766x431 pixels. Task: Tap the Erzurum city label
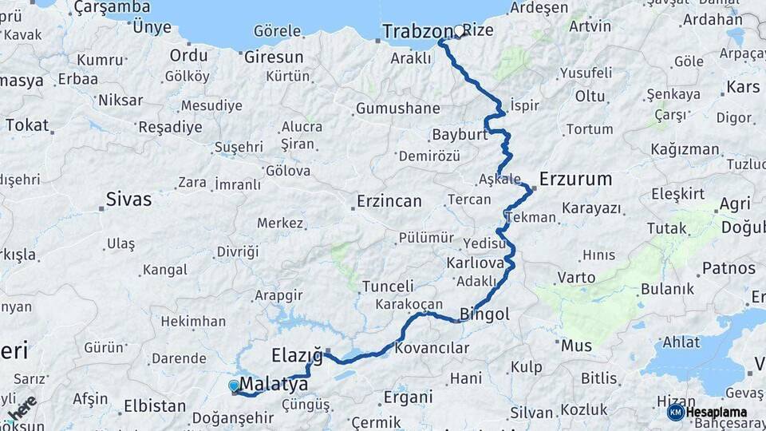point(575,179)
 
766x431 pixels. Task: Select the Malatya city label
point(274,385)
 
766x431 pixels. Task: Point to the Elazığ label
point(296,354)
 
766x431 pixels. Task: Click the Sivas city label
point(128,200)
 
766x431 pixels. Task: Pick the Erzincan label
point(389,201)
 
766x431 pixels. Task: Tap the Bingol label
point(484,314)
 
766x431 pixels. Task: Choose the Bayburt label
point(460,134)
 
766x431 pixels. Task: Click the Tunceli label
point(388,286)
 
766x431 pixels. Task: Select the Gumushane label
point(397,108)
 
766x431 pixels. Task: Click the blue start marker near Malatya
point(234,386)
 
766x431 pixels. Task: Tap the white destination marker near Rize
point(460,31)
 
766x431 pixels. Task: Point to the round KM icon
point(675,412)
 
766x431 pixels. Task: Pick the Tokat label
point(27,125)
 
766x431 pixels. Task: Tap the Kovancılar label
point(432,348)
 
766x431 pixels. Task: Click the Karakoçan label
point(409,304)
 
